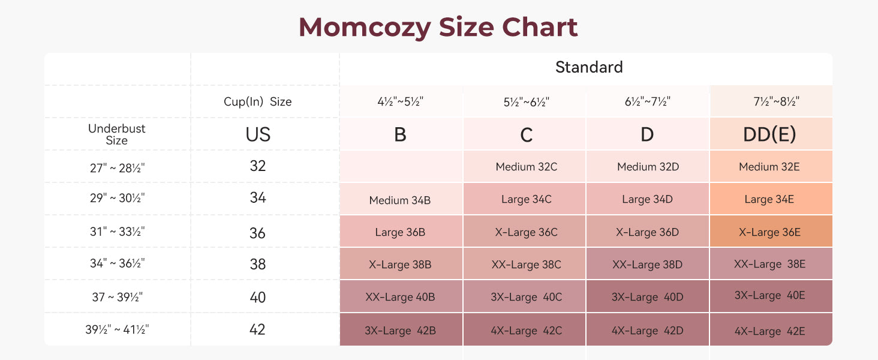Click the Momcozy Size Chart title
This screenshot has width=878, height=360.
438,27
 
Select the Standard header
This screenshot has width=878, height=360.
589,67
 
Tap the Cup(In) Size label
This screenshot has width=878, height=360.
258,102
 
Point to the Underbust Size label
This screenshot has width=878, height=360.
117,134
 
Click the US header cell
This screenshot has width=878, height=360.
258,134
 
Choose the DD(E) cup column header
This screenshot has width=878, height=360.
769,134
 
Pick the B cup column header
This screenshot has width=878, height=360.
400,134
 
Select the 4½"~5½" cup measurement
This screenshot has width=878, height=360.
400,102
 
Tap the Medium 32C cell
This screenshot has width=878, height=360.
526,167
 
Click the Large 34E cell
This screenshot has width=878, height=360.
769,199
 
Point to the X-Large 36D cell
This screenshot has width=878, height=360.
648,232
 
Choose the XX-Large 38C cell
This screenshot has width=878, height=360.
526,265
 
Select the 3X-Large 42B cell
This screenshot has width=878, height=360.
400,330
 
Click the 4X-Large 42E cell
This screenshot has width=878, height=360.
769,331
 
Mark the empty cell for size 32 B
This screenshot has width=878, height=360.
400,166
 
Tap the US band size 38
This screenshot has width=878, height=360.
258,265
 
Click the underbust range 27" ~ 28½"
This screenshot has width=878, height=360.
117,167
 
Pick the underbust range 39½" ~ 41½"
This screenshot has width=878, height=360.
117,329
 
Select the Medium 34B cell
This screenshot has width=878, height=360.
400,200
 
